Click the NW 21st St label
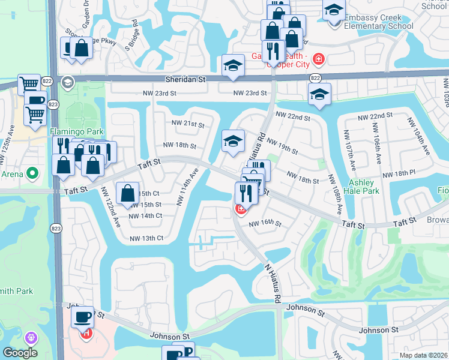tap(188, 125)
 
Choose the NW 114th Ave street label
tap(187, 186)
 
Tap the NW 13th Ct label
tap(146, 238)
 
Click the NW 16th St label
tap(265, 223)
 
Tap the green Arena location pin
tap(33, 175)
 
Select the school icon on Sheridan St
tap(232, 66)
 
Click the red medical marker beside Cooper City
tap(317, 59)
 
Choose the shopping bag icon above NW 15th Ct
tap(128, 193)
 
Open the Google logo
tap(20, 353)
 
